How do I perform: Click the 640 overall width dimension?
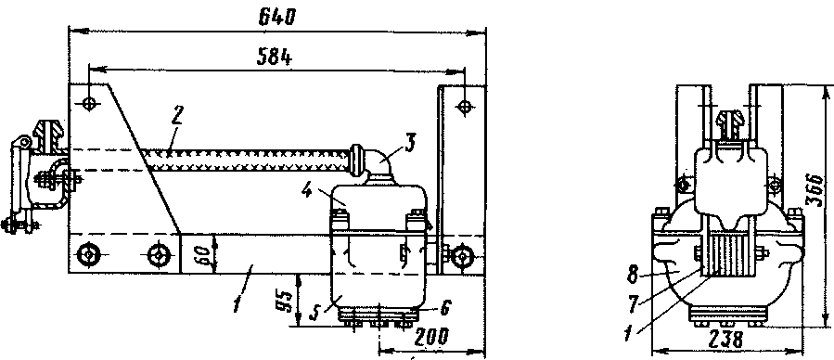coord(276,18)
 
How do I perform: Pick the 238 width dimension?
coord(726,340)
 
